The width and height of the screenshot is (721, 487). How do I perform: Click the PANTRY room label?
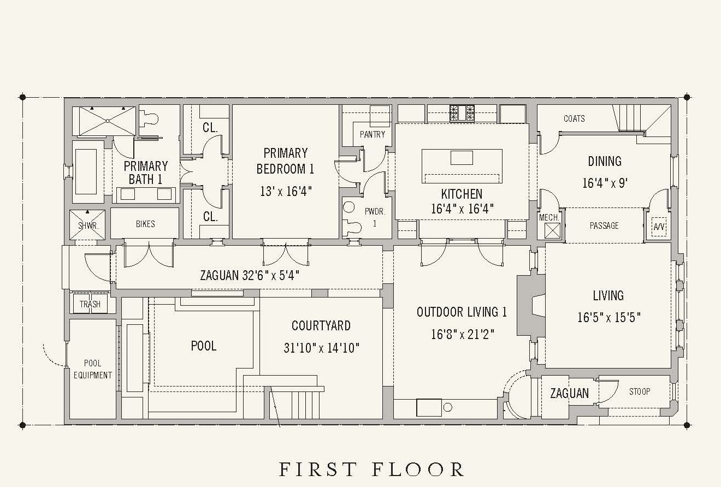(373, 134)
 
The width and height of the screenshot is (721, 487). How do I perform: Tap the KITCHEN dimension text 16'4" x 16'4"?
(462, 209)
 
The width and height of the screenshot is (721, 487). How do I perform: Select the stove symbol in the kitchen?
(462, 113)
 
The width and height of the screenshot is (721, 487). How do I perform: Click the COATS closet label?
(574, 118)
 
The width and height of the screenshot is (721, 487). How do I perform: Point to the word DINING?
(605, 161)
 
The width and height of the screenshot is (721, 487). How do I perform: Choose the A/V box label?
(659, 227)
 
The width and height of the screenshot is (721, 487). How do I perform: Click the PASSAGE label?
(604, 225)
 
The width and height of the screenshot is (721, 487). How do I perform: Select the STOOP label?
(640, 391)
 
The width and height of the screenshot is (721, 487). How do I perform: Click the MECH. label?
(549, 217)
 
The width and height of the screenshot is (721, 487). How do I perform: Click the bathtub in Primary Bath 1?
(86, 171)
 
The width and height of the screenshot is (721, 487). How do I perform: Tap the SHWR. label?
(88, 225)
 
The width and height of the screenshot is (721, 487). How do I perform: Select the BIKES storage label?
(145, 224)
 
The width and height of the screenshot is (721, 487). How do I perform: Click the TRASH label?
(90, 304)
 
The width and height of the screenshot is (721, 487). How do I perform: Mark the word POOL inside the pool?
(203, 346)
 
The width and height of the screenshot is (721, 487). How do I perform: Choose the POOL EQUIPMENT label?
(93, 369)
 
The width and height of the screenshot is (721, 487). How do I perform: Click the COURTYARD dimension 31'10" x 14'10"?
(321, 348)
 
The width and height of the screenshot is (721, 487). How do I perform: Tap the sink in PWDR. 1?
(348, 207)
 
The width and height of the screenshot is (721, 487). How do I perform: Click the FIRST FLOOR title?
(371, 470)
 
